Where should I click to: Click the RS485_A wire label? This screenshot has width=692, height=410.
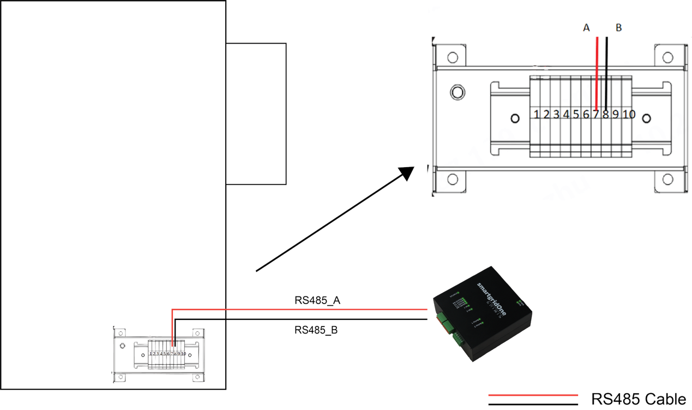point(317,300)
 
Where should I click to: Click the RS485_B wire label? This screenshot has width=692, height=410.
point(316,330)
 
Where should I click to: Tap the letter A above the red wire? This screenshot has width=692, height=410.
point(587,28)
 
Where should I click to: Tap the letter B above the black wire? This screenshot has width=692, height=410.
point(618,28)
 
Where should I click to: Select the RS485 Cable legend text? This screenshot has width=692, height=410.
point(638,399)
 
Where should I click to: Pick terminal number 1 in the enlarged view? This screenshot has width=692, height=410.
point(537,115)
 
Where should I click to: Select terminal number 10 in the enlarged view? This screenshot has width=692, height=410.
point(629,115)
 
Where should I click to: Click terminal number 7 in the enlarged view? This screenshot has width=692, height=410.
point(596,115)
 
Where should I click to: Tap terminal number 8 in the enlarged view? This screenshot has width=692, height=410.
point(605,115)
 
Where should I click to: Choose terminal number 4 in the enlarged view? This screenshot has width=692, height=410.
point(566,115)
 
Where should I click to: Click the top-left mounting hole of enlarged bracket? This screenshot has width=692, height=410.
point(452,57)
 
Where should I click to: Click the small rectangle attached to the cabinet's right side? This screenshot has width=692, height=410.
point(256,114)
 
